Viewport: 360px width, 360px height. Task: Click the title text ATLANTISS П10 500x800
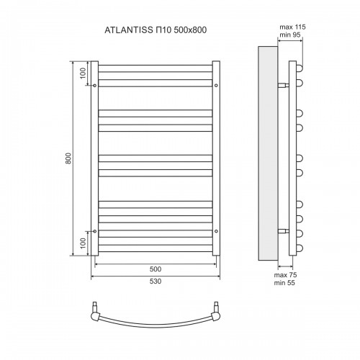pos(156,30)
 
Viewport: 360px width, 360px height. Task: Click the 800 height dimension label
pos(68,158)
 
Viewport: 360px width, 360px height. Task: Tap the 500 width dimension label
pos(156,269)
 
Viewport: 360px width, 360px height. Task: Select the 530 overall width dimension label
pos(156,281)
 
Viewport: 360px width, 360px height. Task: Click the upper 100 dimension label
pos(83,73)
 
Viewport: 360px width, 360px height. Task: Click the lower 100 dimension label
pos(83,243)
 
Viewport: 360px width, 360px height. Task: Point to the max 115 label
pos(292,27)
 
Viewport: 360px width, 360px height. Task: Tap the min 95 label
pos(290,35)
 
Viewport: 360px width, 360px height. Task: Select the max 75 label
pos(285,274)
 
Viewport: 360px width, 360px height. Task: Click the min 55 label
pos(284,283)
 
